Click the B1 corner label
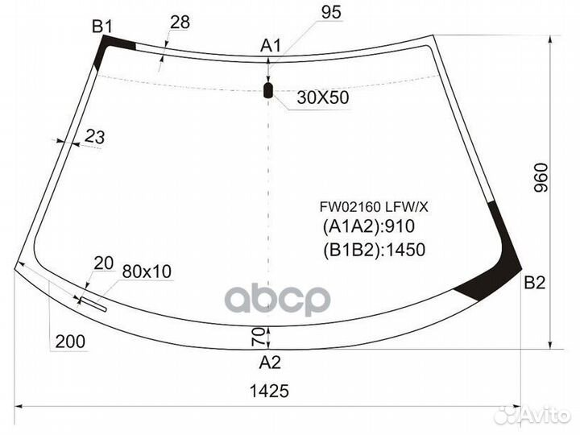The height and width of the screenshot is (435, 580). (102, 27)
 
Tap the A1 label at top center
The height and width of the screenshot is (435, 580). (271, 46)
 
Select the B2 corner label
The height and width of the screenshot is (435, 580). (535, 283)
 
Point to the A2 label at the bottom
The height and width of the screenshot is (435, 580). (270, 362)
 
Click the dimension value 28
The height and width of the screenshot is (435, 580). (180, 23)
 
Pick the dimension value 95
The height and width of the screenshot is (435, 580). (331, 13)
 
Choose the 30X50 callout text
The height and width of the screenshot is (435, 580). (323, 98)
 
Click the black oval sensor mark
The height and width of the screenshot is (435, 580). (267, 90)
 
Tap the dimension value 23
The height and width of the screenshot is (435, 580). (95, 137)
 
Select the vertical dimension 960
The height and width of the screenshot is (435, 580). (541, 177)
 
